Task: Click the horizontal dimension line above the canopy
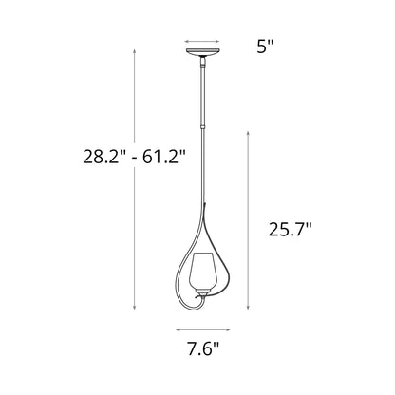(206, 42)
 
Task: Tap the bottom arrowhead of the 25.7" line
(251, 306)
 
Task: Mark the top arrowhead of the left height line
(135, 52)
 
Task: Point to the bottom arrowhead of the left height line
(135, 306)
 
